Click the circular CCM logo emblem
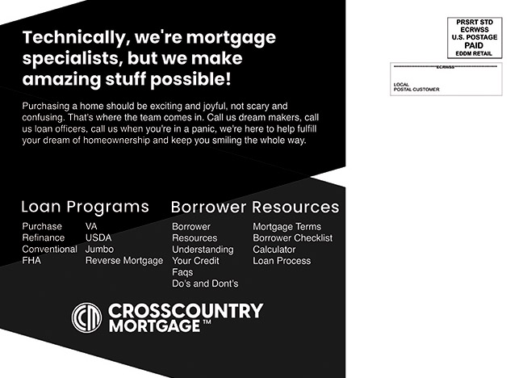[86, 317]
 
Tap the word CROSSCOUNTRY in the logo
[186, 311]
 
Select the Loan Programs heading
[85, 207]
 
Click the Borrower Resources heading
[255, 207]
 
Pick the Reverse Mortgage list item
[124, 260]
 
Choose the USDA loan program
[98, 237]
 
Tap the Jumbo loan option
[99, 249]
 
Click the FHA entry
[31, 260]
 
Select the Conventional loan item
[50, 249]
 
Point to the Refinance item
[44, 237]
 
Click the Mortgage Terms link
[287, 227]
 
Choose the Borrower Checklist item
[293, 238]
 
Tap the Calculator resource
[274, 250]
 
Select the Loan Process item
[282, 261]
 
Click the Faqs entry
[182, 272]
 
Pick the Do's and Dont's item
[205, 283]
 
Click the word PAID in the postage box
[474, 45]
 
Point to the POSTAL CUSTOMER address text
[416, 90]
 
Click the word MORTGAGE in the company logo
[154, 326]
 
